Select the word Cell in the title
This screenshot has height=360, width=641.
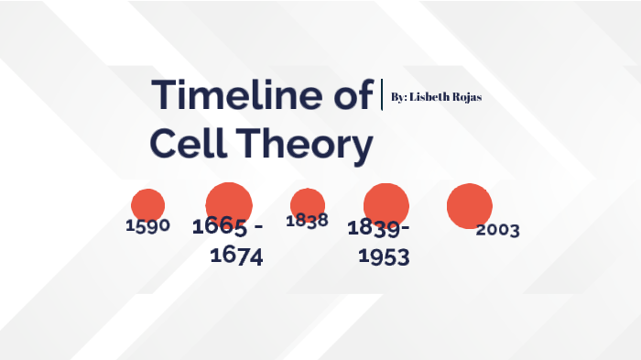click(184, 144)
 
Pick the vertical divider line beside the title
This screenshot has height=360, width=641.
click(381, 95)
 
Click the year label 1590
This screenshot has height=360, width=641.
click(147, 225)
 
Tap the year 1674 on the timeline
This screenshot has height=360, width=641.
click(236, 256)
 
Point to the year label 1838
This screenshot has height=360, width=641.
click(307, 221)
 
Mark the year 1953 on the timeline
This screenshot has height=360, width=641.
click(384, 256)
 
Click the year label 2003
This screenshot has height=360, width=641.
click(497, 230)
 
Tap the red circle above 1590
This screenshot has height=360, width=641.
click(147, 204)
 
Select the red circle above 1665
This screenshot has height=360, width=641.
click(229, 202)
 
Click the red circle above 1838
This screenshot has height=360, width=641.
click(307, 202)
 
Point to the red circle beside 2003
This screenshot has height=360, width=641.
click(469, 205)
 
